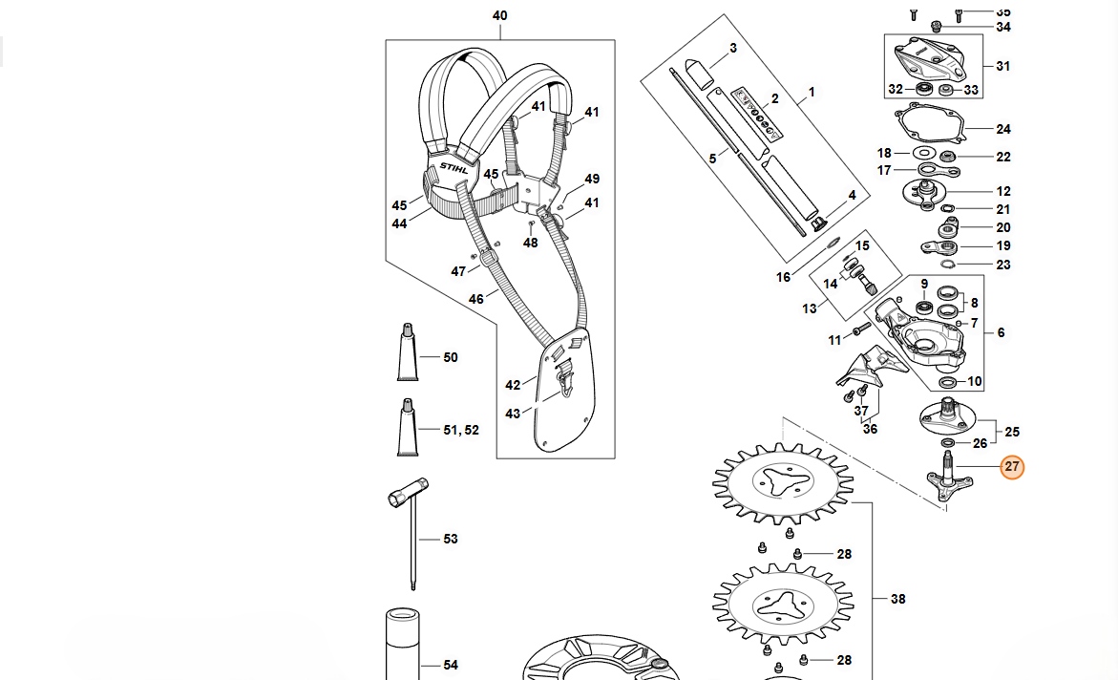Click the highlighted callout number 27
[1012, 467]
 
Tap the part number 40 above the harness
[499, 15]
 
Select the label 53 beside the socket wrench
[451, 539]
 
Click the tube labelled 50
[408, 354]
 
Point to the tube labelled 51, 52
[408, 428]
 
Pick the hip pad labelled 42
[571, 392]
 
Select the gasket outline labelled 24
[932, 129]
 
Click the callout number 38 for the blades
[897, 599]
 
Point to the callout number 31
[1002, 66]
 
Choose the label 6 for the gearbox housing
[1001, 332]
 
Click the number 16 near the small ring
[784, 277]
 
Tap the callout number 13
[810, 308]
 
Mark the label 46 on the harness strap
[476, 299]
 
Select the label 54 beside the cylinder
[451, 665]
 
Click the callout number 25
[1012, 432]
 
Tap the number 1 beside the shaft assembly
[812, 93]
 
